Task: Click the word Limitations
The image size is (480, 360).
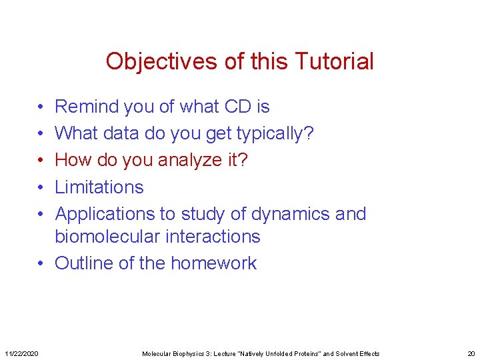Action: tap(99, 187)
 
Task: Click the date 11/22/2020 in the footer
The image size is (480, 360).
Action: tap(21, 353)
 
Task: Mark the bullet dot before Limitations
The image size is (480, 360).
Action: tap(41, 187)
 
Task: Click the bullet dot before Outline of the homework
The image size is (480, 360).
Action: tap(41, 263)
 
